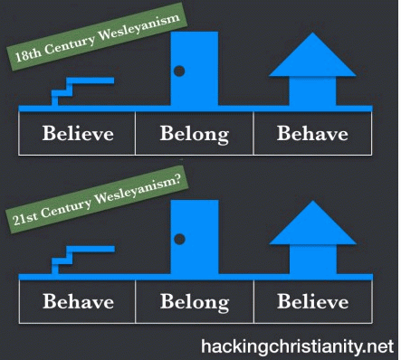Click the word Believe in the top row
[78, 133]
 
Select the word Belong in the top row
[195, 135]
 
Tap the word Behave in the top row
[312, 133]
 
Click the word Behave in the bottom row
[79, 301]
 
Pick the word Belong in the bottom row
[195, 302]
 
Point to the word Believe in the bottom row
[313, 301]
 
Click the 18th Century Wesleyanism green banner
[97, 37]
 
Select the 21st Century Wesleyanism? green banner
[97, 200]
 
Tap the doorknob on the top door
[179, 71]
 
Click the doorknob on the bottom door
[179, 239]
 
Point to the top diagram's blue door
[195, 69]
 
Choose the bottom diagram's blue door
[195, 237]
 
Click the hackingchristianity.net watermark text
[298, 346]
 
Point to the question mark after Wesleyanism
[177, 180]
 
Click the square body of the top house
[312, 91]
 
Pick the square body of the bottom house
[313, 260]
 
